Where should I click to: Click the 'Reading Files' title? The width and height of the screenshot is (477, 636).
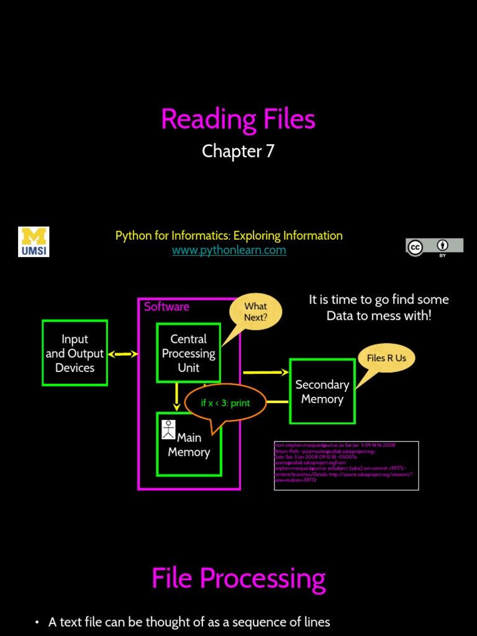238,119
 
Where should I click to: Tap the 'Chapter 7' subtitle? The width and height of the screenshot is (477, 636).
238,152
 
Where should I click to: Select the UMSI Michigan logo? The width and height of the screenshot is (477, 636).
34,242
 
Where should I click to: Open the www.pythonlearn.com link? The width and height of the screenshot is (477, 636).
229,250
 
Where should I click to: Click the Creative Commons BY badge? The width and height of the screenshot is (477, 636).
434,247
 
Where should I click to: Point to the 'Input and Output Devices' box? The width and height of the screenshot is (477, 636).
75,353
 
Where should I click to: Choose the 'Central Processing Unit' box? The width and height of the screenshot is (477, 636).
188,353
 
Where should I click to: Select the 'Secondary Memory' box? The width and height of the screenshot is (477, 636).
322,392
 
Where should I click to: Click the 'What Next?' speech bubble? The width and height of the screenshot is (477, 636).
255,312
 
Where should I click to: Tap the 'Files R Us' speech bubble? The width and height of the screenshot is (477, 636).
386,358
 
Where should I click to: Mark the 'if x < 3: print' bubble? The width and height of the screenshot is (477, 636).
225,403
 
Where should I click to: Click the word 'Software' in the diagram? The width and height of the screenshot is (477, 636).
166,306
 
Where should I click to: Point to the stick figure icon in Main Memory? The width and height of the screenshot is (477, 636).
168,429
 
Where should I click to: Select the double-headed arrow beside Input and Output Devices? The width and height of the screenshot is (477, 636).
122,354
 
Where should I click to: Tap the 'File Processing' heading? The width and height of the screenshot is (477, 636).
238,578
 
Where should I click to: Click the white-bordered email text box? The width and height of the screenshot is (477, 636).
346,465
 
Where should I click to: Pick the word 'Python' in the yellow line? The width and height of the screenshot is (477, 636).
133,235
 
